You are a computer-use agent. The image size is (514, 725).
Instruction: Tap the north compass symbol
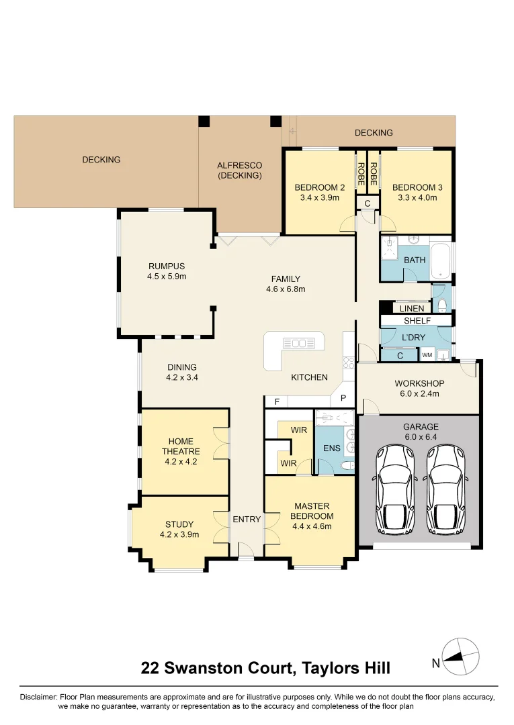tap(460, 656)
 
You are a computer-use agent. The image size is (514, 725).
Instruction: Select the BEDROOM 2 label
tap(320, 187)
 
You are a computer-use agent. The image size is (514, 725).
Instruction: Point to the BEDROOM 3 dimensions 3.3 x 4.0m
tap(415, 198)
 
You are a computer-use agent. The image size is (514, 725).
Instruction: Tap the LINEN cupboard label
tap(412, 309)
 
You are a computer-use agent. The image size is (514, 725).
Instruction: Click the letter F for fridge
tap(275, 401)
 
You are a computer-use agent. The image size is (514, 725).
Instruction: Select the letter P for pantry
tap(343, 398)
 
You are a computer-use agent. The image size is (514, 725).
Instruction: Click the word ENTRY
tap(247, 519)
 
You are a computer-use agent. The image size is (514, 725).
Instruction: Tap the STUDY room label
tap(179, 524)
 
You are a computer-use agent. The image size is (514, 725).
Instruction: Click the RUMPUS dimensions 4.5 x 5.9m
tap(166, 276)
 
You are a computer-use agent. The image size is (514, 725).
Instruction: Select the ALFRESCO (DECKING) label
tap(239, 171)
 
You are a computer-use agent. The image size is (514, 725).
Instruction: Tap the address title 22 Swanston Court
tap(216, 668)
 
